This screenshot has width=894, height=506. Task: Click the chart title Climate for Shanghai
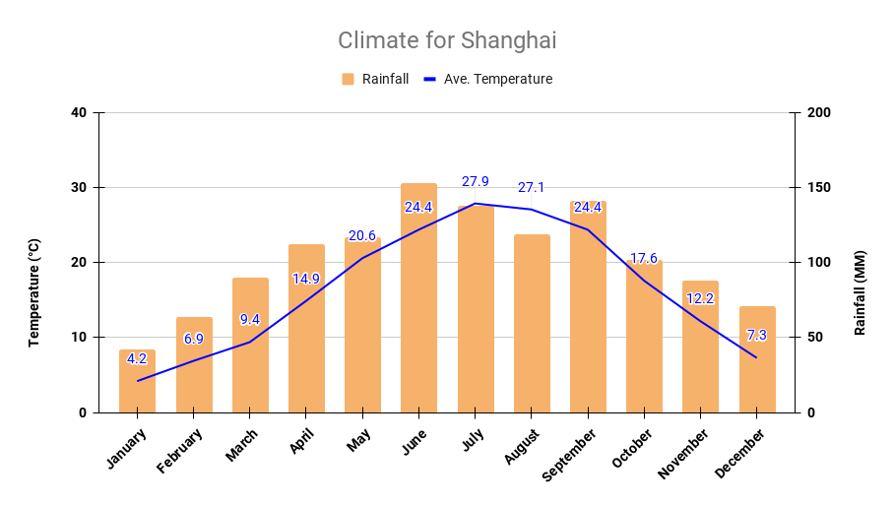(x=447, y=40)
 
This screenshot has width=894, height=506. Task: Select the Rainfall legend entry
(x=375, y=79)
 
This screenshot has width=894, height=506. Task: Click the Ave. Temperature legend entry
(x=487, y=79)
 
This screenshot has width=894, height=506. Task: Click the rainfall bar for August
(x=532, y=325)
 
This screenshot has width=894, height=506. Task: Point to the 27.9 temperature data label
(x=475, y=182)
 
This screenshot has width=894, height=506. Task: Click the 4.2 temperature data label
(x=137, y=358)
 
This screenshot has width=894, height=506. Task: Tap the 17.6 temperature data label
(x=644, y=259)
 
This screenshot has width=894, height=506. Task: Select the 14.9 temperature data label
(x=306, y=279)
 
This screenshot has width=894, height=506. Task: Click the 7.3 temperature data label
(x=756, y=336)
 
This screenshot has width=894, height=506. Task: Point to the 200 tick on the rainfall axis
(x=819, y=113)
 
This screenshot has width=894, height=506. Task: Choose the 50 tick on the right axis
(x=815, y=338)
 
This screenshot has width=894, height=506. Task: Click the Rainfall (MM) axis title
(x=860, y=292)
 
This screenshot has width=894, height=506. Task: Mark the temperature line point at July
(x=476, y=204)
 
